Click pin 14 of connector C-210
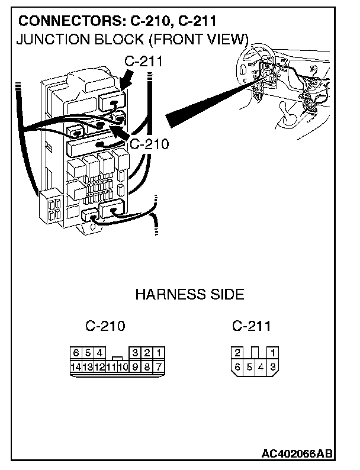pyautogui.click(x=75, y=367)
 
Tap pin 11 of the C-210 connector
pyautogui.click(x=111, y=367)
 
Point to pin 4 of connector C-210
pyautogui.click(x=99, y=354)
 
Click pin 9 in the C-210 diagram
pyautogui.click(x=136, y=367)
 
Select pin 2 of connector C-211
pyautogui.click(x=237, y=353)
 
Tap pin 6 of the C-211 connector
pyautogui.click(x=237, y=367)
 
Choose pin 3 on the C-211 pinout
pyautogui.click(x=272, y=367)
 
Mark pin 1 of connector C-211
pyautogui.click(x=272, y=353)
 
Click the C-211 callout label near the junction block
pyautogui.click(x=143, y=61)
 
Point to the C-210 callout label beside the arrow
pyautogui.click(x=148, y=143)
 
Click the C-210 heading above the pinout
pyautogui.click(x=105, y=326)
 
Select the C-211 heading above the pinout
pyautogui.click(x=252, y=326)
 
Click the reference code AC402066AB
pyautogui.click(x=297, y=454)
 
